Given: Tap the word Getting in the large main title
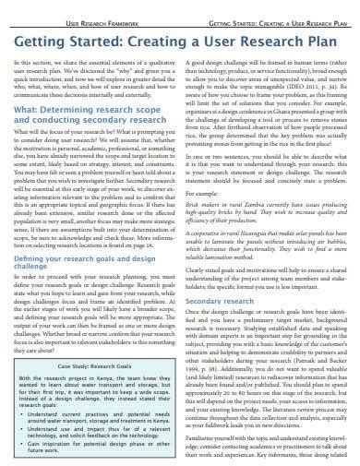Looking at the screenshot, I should (x=45, y=39).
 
